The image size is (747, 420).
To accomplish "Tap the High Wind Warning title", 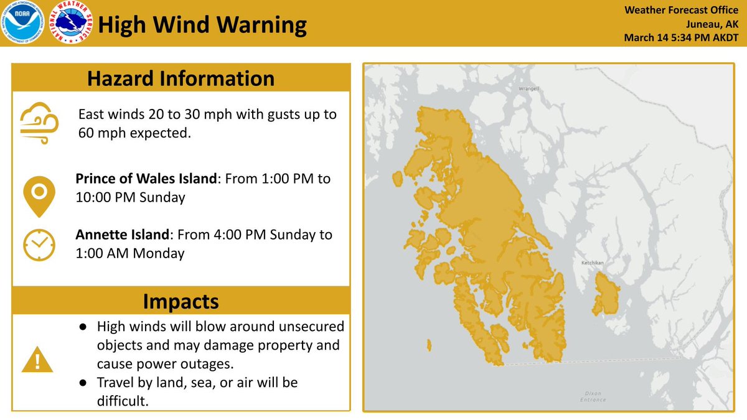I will pyautogui.click(x=202, y=26).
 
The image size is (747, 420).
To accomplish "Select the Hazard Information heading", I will pyautogui.click(x=181, y=78).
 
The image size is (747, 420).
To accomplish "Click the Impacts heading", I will pyautogui.click(x=181, y=301).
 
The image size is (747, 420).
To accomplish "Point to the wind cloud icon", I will pyautogui.click(x=39, y=123).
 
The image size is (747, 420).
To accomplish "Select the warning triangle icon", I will pyautogui.click(x=37, y=359).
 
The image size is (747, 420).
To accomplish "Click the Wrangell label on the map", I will pyautogui.click(x=528, y=89).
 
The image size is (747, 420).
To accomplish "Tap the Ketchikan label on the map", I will pyautogui.click(x=593, y=263).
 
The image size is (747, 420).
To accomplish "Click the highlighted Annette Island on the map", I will pyautogui.click(x=606, y=296).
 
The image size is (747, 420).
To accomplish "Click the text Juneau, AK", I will pyautogui.click(x=713, y=24).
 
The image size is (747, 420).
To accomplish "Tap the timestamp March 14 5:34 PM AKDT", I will pyautogui.click(x=681, y=39).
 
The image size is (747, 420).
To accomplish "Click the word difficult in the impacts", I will pyautogui.click(x=123, y=401).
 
